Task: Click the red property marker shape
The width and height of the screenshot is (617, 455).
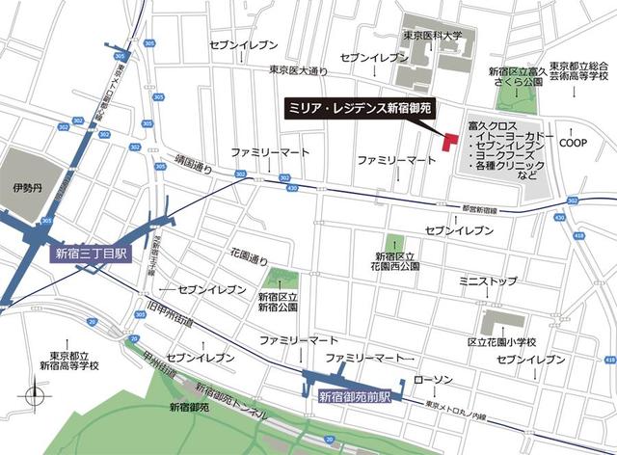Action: [x=448, y=141]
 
